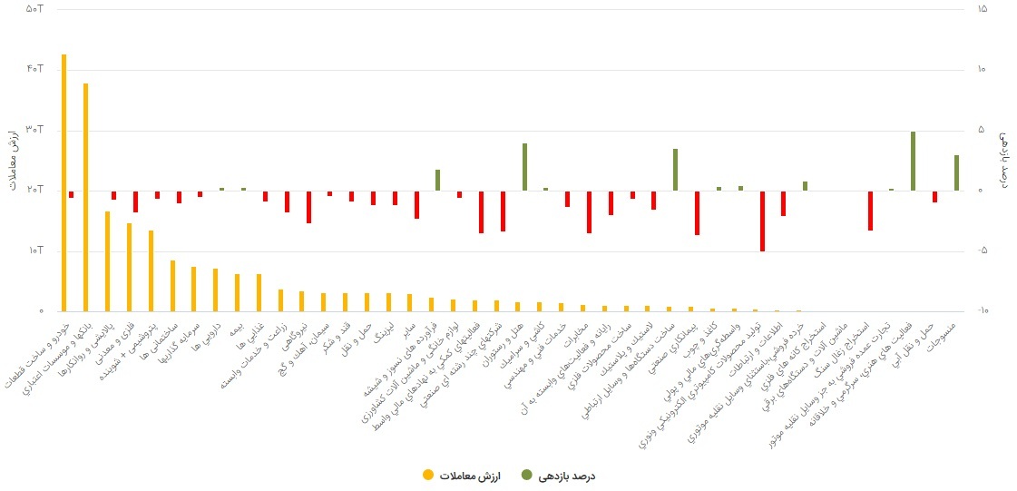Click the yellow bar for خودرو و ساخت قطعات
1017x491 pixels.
pyautogui.click(x=64, y=182)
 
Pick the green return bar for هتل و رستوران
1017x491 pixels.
pyautogui.click(x=524, y=167)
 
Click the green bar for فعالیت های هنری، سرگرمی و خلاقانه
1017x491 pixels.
pyautogui.click(x=913, y=161)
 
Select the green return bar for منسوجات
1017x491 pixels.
pyautogui.click(x=956, y=172)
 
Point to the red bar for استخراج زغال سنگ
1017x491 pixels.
pyautogui.click(x=870, y=211)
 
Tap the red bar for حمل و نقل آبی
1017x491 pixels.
pyautogui.click(x=934, y=196)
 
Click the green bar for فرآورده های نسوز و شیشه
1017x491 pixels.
pyautogui.click(x=437, y=180)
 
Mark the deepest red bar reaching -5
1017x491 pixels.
pyautogui.click(x=762, y=221)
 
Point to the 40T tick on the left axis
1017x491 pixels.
pyautogui.click(x=35, y=70)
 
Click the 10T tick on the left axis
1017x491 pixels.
pyautogui.click(x=35, y=251)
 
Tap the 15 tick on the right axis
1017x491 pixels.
pyautogui.click(x=983, y=9)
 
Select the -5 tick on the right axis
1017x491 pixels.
pyautogui.click(x=983, y=251)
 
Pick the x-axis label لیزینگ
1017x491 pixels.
pyautogui.click(x=381, y=330)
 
